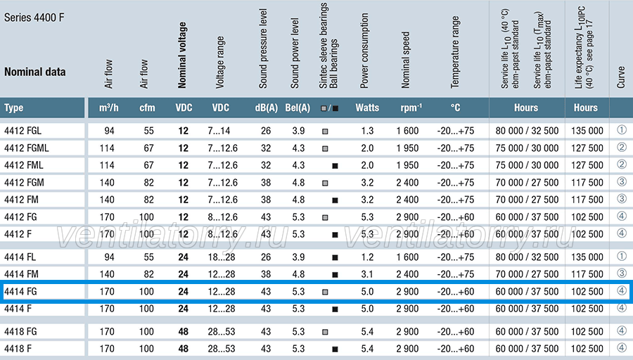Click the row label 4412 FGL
[23, 131]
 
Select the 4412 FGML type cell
[26, 148]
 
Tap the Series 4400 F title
[34, 18]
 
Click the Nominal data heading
[34, 72]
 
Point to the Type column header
[14, 108]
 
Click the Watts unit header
[367, 108]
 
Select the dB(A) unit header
[266, 108]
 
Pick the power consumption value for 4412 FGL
[367, 131]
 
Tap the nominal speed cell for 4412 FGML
[407, 148]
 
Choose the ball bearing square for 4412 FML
[335, 166]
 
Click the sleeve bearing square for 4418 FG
[325, 332]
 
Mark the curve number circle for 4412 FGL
[622, 130]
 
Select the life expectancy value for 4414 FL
[587, 257]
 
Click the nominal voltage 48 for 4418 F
[184, 349]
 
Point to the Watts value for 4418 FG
[367, 332]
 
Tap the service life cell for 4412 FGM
[527, 182]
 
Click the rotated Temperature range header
[455, 52]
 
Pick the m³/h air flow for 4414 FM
[107, 274]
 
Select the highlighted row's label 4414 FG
[20, 291]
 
